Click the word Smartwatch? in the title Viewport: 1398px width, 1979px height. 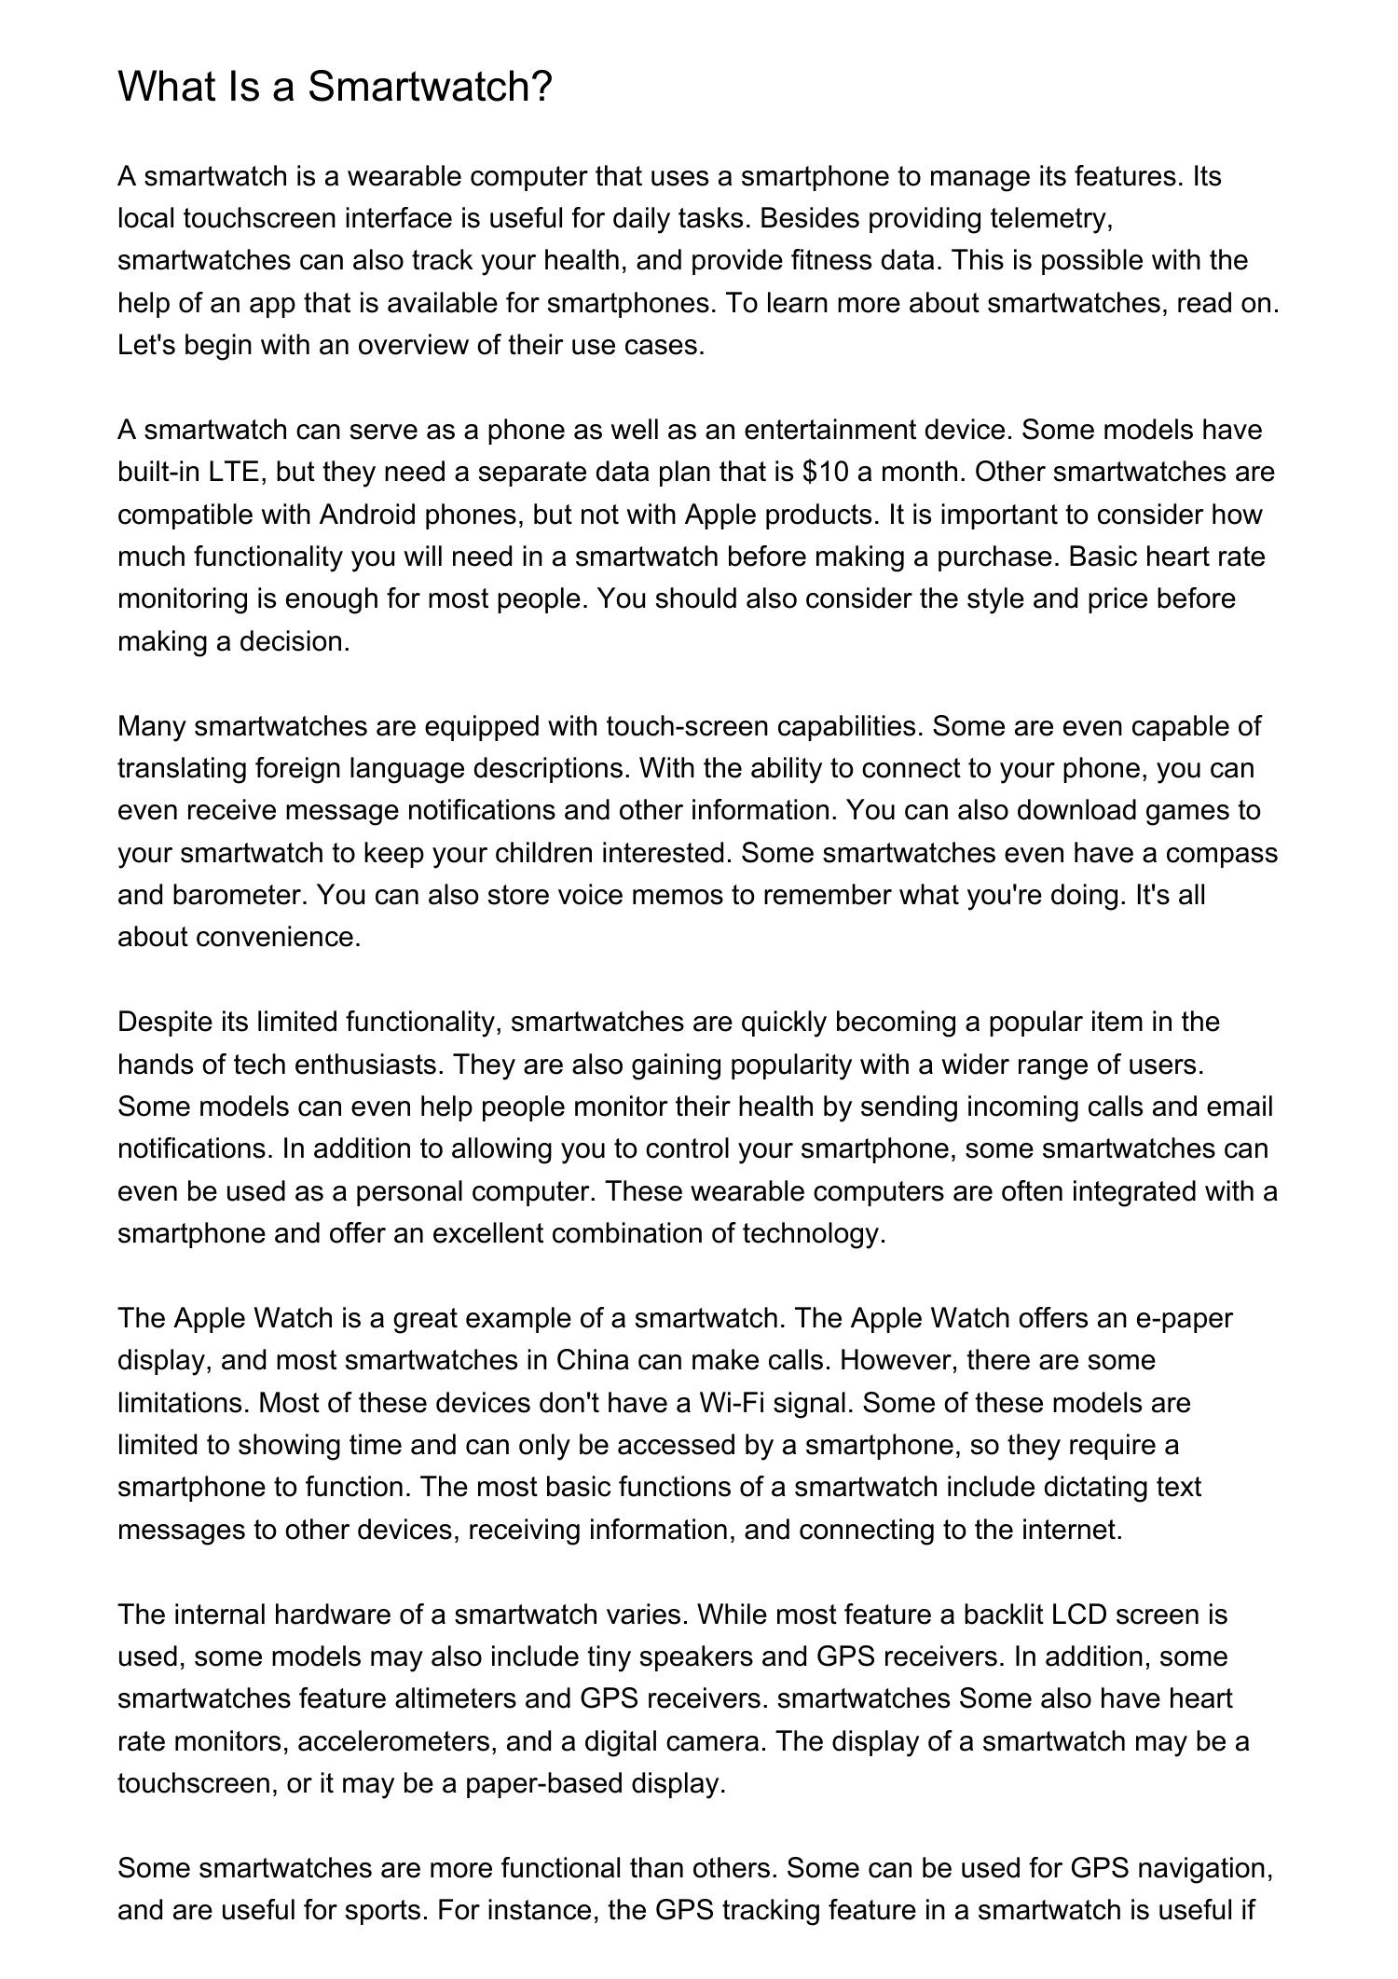(430, 87)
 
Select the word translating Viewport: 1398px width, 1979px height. (183, 768)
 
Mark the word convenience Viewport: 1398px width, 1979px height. (278, 937)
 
